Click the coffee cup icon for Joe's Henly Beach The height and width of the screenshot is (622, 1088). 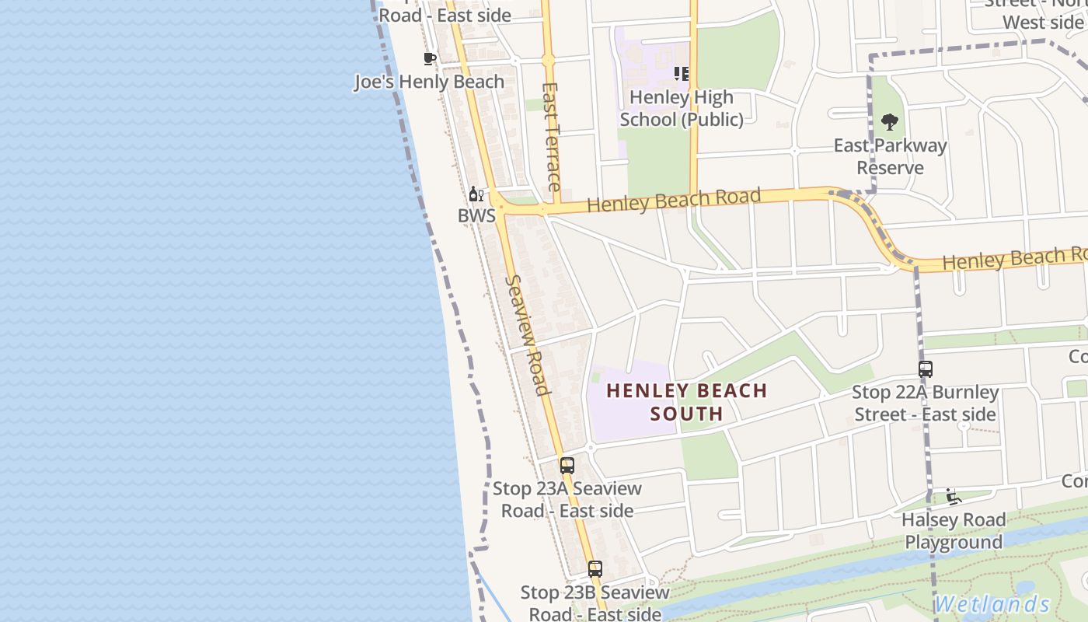click(x=429, y=58)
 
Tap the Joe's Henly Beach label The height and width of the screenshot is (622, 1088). click(x=429, y=82)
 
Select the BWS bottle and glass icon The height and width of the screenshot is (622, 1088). click(x=476, y=194)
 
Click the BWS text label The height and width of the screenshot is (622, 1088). click(x=476, y=215)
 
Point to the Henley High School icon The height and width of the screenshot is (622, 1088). click(x=682, y=74)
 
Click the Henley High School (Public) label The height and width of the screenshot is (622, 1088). click(x=682, y=109)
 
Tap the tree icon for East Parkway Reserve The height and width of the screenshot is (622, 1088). click(x=890, y=122)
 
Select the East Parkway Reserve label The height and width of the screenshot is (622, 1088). click(x=890, y=156)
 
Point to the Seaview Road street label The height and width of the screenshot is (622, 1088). click(x=528, y=334)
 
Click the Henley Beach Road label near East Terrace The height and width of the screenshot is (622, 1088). click(x=674, y=200)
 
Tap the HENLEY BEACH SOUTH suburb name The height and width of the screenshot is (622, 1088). click(x=686, y=402)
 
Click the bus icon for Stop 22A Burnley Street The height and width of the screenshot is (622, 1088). click(x=925, y=369)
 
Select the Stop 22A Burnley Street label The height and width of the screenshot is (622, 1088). click(x=925, y=403)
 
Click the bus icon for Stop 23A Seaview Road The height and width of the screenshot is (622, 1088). click(x=567, y=466)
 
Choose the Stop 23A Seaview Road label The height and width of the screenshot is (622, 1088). click(x=567, y=499)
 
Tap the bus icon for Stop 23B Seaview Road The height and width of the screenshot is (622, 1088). click(x=595, y=569)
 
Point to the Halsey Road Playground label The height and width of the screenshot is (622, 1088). click(x=954, y=531)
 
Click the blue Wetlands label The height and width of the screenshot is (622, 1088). click(x=992, y=604)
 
